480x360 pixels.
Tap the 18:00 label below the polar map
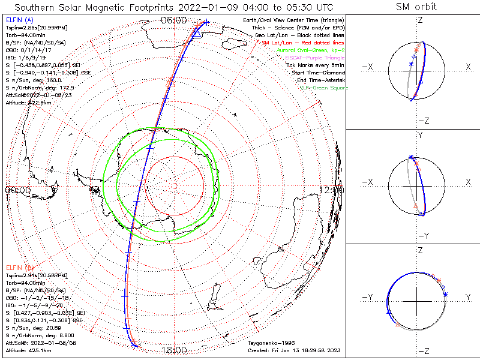click(x=175, y=349)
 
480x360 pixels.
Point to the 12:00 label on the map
click(x=332, y=190)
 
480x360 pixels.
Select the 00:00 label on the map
click(x=18, y=190)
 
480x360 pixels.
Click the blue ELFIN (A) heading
click(x=18, y=20)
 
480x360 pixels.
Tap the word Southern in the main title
click(x=38, y=7)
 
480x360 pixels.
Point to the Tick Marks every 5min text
click(x=315, y=65)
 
